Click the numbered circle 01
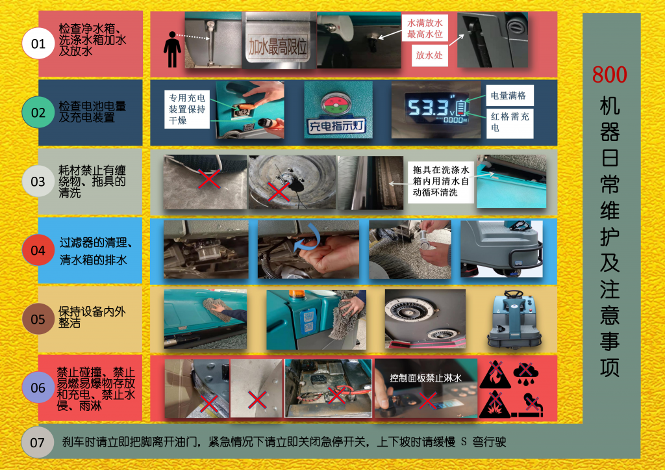click(x=38, y=44)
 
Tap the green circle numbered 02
click(x=38, y=112)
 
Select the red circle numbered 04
click(x=38, y=250)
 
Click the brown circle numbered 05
click(x=38, y=319)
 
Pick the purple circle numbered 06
click(x=38, y=388)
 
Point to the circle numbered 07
click(x=38, y=443)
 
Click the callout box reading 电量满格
click(x=508, y=96)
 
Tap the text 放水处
click(x=429, y=55)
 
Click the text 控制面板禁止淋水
click(x=425, y=378)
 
